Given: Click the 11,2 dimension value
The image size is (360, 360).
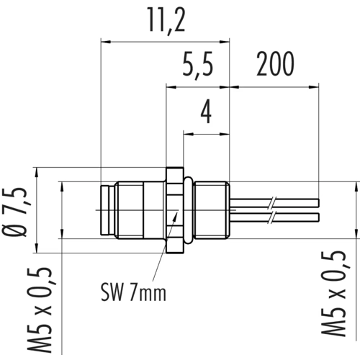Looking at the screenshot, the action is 166,21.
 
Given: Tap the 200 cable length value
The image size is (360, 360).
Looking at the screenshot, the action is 275,64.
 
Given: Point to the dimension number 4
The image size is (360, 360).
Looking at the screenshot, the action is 206,112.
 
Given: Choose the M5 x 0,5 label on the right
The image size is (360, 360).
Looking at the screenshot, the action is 333,293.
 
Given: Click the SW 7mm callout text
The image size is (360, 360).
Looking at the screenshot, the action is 133,292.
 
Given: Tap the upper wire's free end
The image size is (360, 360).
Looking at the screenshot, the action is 319,203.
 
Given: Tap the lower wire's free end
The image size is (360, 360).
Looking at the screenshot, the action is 319,217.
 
